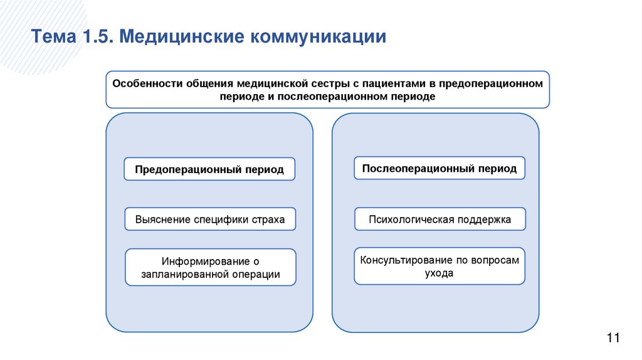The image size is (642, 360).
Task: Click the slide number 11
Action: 613,339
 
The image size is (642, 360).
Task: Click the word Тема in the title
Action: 52,36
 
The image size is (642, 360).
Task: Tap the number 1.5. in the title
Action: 95,36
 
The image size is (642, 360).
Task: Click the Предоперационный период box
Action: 209,169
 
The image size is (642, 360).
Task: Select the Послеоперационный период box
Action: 439,168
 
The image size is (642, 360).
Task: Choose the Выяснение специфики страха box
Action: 209,220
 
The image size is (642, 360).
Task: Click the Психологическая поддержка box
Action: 439,220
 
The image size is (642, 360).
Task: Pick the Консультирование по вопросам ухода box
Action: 439,267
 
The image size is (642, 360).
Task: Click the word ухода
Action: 439,273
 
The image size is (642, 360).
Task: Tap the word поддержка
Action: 486,220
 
